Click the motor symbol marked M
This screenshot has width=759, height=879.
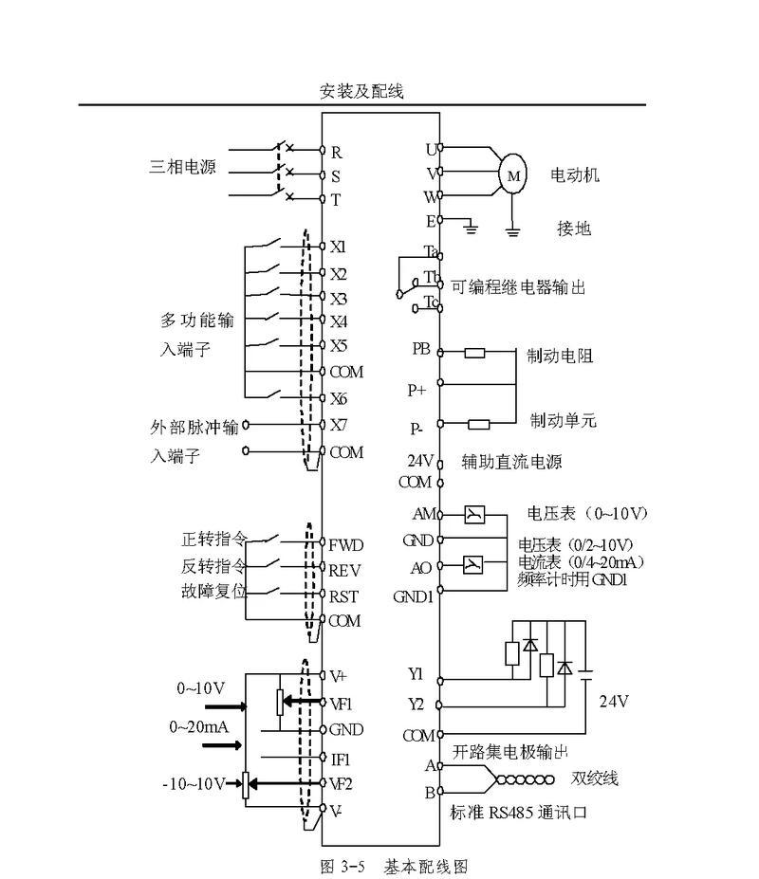tap(512, 174)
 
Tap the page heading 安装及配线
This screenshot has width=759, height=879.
tap(361, 91)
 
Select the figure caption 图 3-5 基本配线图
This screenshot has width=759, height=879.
tap(394, 867)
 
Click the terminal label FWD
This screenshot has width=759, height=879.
tap(346, 545)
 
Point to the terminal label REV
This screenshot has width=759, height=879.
tap(344, 571)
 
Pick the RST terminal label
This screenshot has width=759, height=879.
tap(343, 597)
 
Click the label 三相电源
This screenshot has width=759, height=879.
tap(182, 167)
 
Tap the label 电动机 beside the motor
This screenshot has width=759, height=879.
tap(574, 174)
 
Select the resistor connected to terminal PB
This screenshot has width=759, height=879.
tap(474, 353)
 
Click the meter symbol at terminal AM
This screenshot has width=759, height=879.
tap(474, 514)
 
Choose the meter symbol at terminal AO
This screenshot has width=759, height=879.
tap(472, 564)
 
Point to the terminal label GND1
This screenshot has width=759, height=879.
tap(414, 597)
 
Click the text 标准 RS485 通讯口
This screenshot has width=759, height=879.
tap(518, 813)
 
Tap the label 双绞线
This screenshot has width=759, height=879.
tap(595, 778)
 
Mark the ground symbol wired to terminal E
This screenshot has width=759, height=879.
tap(470, 227)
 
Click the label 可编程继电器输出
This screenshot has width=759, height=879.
tap(518, 287)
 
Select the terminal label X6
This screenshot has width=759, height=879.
tap(339, 398)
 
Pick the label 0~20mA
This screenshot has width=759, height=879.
tap(199, 727)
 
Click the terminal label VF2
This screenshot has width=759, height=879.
tap(341, 783)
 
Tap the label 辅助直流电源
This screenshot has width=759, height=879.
tap(511, 462)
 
